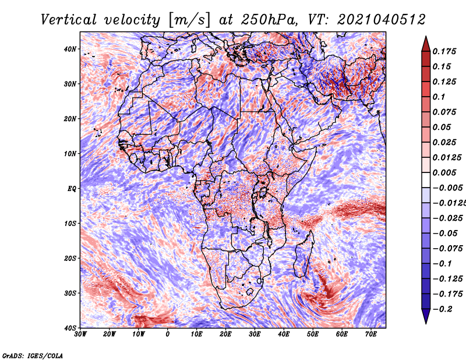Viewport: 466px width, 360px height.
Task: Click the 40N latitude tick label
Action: click(69, 49)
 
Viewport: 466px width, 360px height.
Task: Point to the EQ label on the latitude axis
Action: click(72, 189)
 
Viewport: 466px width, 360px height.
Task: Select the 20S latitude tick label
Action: click(69, 258)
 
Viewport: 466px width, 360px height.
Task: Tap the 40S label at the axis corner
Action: click(69, 328)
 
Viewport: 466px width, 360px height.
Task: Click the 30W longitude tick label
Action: click(80, 334)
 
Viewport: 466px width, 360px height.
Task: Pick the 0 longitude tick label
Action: click(168, 334)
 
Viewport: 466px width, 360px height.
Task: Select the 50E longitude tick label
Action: click(313, 334)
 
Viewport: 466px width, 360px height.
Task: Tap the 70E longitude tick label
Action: click(371, 334)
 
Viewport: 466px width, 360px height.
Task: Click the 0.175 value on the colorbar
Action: click(444, 52)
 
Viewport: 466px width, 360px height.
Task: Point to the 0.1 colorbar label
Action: click(439, 97)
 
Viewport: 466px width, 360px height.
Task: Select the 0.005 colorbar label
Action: click(444, 172)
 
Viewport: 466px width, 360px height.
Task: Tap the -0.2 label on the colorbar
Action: click(442, 309)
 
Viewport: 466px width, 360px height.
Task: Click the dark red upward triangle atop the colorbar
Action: click(426, 45)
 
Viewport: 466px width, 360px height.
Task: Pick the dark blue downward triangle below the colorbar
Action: click(426, 316)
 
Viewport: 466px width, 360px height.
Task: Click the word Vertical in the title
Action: click(69, 20)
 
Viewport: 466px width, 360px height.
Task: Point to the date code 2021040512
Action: click(382, 20)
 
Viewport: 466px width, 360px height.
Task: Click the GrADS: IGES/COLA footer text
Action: click(33, 355)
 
